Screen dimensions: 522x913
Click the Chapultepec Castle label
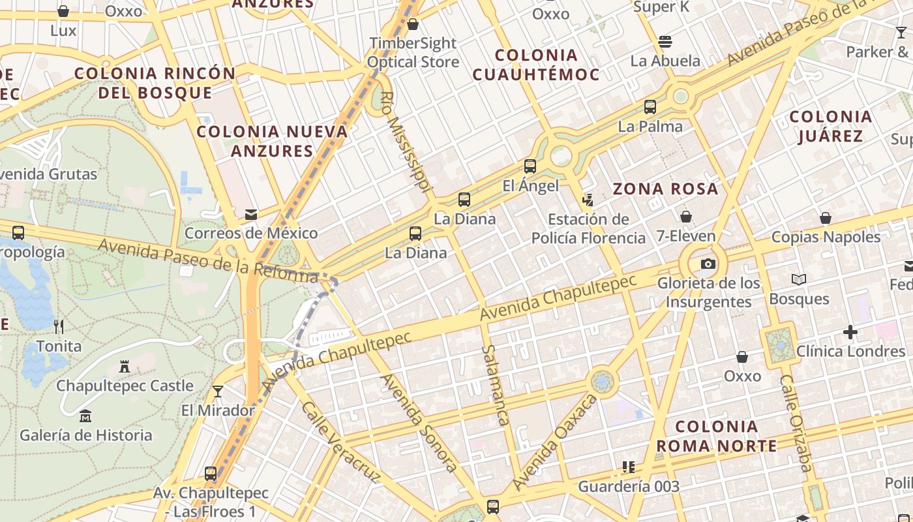tap(125, 386)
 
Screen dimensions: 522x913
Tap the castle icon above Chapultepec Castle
tap(125, 367)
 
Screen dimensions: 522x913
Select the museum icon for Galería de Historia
tap(85, 416)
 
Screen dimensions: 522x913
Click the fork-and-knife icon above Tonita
tap(59, 326)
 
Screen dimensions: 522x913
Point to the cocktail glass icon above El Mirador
tap(218, 391)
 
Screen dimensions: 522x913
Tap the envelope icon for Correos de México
tap(250, 214)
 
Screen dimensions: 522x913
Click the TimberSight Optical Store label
tap(413, 52)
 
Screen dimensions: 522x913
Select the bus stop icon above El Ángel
tap(530, 166)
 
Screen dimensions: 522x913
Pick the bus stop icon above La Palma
tap(650, 107)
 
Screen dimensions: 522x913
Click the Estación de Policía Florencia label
tap(588, 228)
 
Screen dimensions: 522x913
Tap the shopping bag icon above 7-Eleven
tap(686, 216)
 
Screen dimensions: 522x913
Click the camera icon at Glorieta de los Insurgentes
tap(708, 264)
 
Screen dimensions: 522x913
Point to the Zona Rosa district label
tap(665, 189)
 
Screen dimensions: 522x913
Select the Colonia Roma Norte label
tap(716, 437)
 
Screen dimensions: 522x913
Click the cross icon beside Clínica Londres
tap(850, 333)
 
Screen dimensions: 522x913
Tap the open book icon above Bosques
tap(799, 279)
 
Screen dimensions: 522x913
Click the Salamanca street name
tap(495, 385)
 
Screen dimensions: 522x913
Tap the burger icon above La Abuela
tap(665, 42)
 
